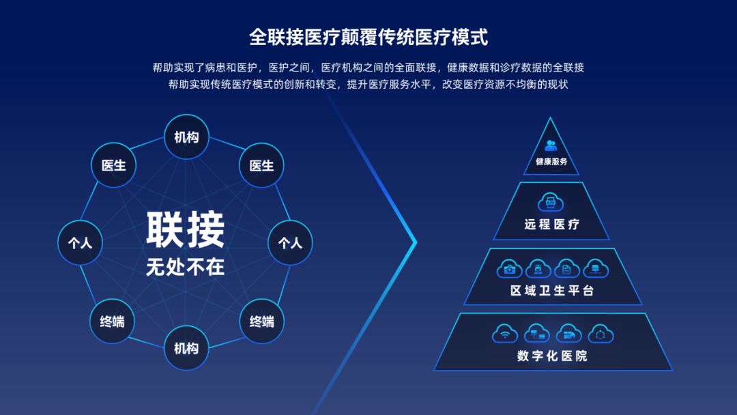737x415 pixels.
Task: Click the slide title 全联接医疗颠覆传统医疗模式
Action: [x=369, y=37]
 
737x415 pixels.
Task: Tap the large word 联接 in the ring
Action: [x=185, y=230]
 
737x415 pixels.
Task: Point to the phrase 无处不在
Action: [x=185, y=267]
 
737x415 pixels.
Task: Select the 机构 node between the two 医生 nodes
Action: [x=186, y=137]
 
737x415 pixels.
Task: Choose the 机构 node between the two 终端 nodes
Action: [x=186, y=348]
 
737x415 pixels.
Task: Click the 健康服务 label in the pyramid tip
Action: [x=551, y=162]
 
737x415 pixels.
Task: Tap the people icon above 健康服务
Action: [x=551, y=145]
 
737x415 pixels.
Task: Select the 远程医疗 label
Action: [x=552, y=224]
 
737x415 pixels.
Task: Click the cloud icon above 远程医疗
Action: [x=551, y=203]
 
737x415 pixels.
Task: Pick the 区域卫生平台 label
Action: [x=552, y=291]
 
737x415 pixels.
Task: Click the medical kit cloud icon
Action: [x=509, y=269]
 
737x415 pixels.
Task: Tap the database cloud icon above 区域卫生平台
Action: [x=595, y=269]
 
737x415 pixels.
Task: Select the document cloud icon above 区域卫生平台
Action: [x=566, y=269]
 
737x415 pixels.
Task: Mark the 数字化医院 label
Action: [x=552, y=356]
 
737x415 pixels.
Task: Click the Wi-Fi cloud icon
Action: [x=505, y=334]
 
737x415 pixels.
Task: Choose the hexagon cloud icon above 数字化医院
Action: [x=601, y=334]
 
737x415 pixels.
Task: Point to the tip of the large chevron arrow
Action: [x=415, y=242]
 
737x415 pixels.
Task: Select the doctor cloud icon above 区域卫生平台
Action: [x=538, y=269]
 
